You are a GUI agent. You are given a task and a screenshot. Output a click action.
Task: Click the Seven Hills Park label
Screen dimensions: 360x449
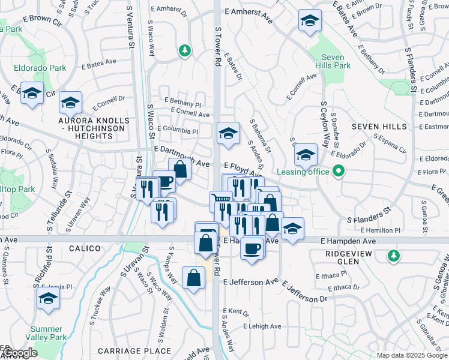329,62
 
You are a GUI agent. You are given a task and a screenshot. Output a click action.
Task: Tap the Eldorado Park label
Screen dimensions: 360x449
41,68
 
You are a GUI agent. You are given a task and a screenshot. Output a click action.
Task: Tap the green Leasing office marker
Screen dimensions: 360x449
339,172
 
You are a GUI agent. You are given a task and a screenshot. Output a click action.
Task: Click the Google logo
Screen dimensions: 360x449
20,352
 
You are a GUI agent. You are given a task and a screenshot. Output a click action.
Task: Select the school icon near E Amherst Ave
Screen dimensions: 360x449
309,22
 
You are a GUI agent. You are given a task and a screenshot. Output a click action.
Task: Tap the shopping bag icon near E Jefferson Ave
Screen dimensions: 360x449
193,278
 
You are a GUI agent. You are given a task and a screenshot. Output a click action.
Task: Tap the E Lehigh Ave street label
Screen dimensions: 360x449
262,326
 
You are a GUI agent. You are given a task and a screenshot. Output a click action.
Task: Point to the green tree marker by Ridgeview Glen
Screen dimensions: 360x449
394,256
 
